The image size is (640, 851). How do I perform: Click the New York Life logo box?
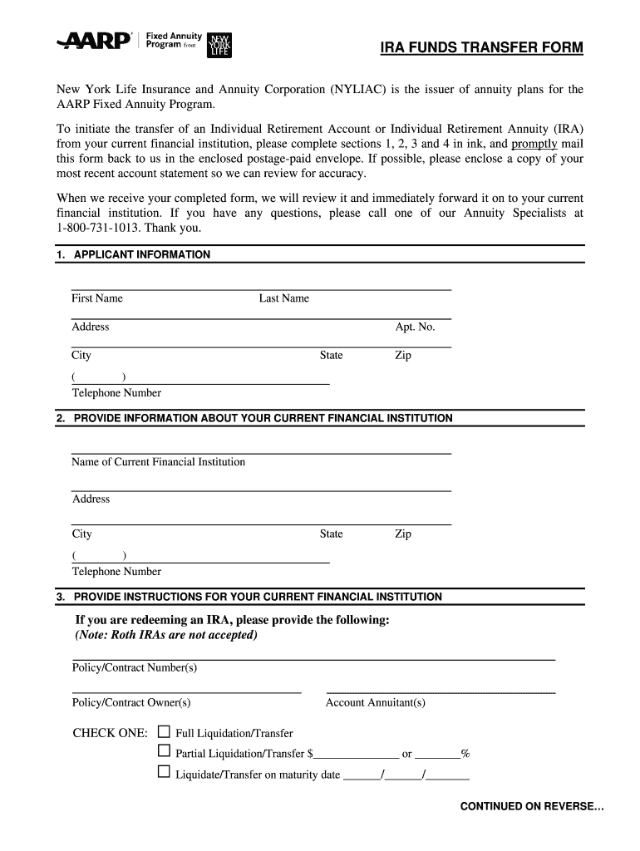220,45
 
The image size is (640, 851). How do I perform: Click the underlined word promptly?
534,143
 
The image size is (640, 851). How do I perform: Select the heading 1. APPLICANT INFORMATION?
134,254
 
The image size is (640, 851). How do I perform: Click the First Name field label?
97,298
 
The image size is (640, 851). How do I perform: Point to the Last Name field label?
283,298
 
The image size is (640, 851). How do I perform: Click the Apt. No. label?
415,327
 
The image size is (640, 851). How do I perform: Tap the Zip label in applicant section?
402,355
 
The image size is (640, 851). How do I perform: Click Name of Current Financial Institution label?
158,462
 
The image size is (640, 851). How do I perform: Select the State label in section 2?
331,534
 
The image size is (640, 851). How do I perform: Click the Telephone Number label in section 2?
116,572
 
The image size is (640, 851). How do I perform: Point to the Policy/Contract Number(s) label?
135,667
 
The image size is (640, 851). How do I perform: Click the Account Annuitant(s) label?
376,702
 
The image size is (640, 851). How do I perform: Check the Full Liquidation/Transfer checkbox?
164,732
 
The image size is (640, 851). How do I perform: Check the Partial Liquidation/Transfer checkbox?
164,752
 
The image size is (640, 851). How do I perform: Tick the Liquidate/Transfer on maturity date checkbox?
164,773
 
